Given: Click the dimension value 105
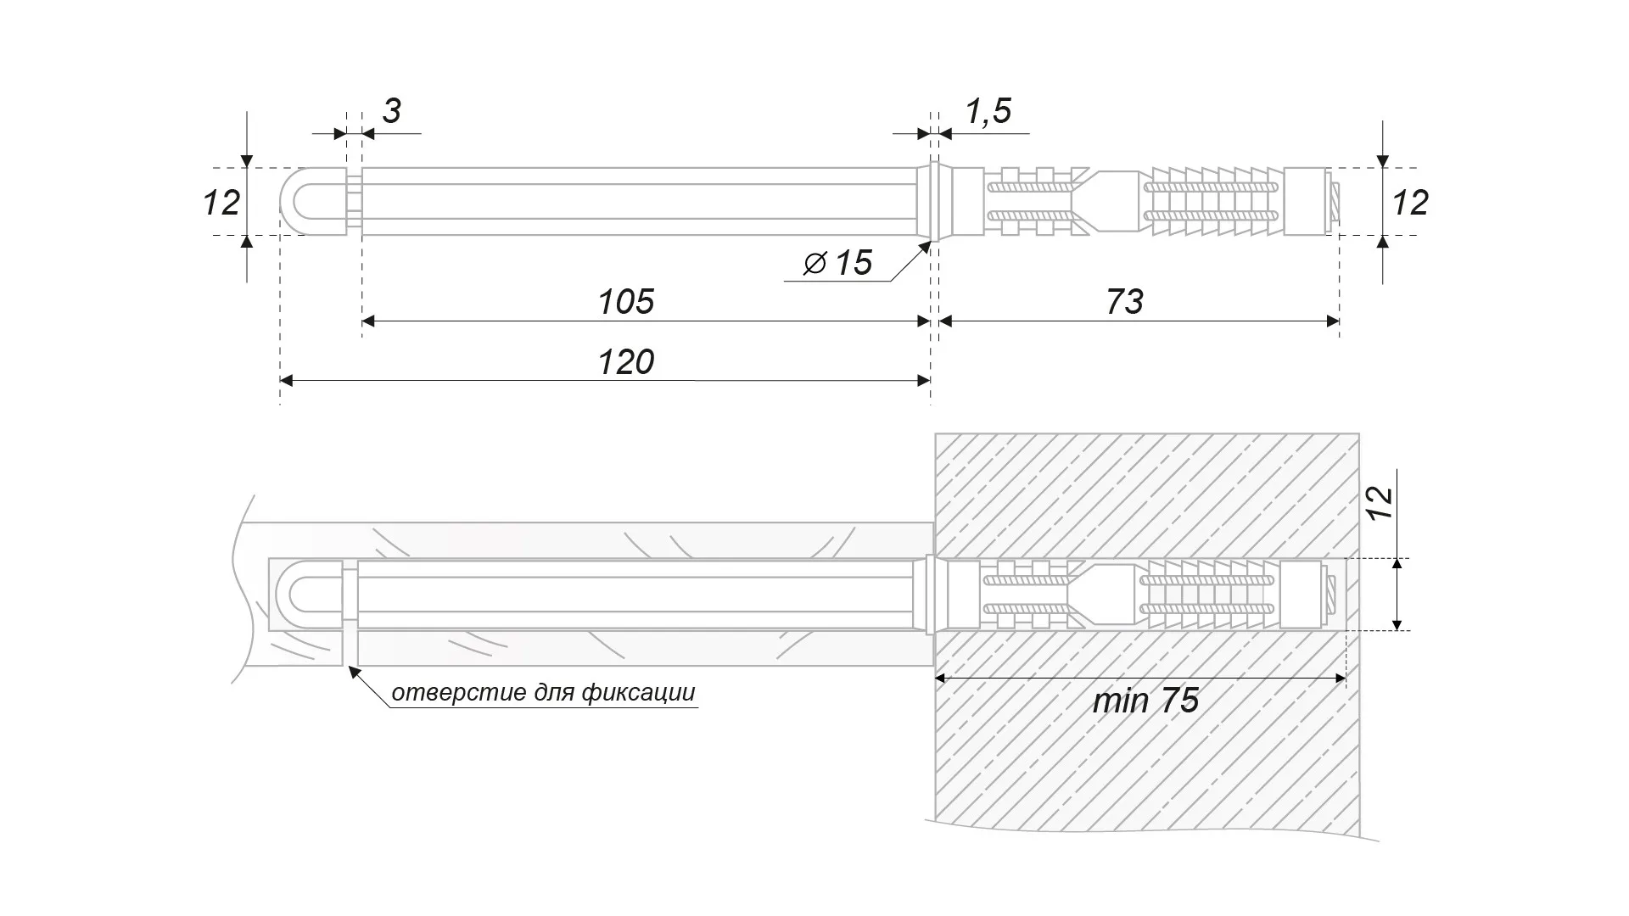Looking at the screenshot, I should point(626,302).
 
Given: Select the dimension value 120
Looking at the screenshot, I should point(626,362).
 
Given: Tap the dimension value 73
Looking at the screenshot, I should point(1125,302).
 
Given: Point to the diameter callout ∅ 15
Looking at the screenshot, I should point(838,263).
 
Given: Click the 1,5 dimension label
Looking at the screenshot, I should point(988,111).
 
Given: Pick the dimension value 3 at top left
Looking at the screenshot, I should point(391,111).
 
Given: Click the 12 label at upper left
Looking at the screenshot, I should point(221,203).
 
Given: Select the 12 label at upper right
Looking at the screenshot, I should point(1410,203).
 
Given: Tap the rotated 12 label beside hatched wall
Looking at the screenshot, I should point(1380,504).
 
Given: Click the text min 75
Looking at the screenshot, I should point(1145,701).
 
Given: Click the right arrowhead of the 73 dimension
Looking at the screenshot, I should point(1333,321).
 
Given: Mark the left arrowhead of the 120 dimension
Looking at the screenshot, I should point(287,381).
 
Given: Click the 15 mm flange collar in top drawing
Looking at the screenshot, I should point(934,202).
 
